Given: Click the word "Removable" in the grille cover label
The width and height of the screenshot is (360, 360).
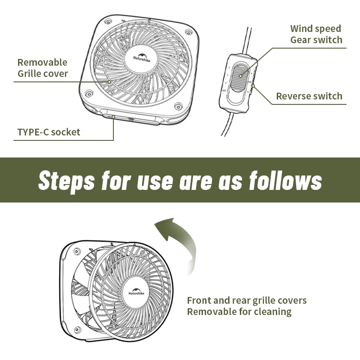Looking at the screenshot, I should click(42, 62).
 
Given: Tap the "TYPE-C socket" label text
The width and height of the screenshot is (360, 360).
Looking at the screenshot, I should click(49, 132).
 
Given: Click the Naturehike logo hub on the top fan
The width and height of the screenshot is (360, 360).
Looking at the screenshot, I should click(141, 57).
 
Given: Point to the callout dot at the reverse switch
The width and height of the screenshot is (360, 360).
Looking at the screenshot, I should click(254, 86).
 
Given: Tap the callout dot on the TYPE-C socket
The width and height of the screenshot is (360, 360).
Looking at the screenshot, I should click(113, 117).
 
